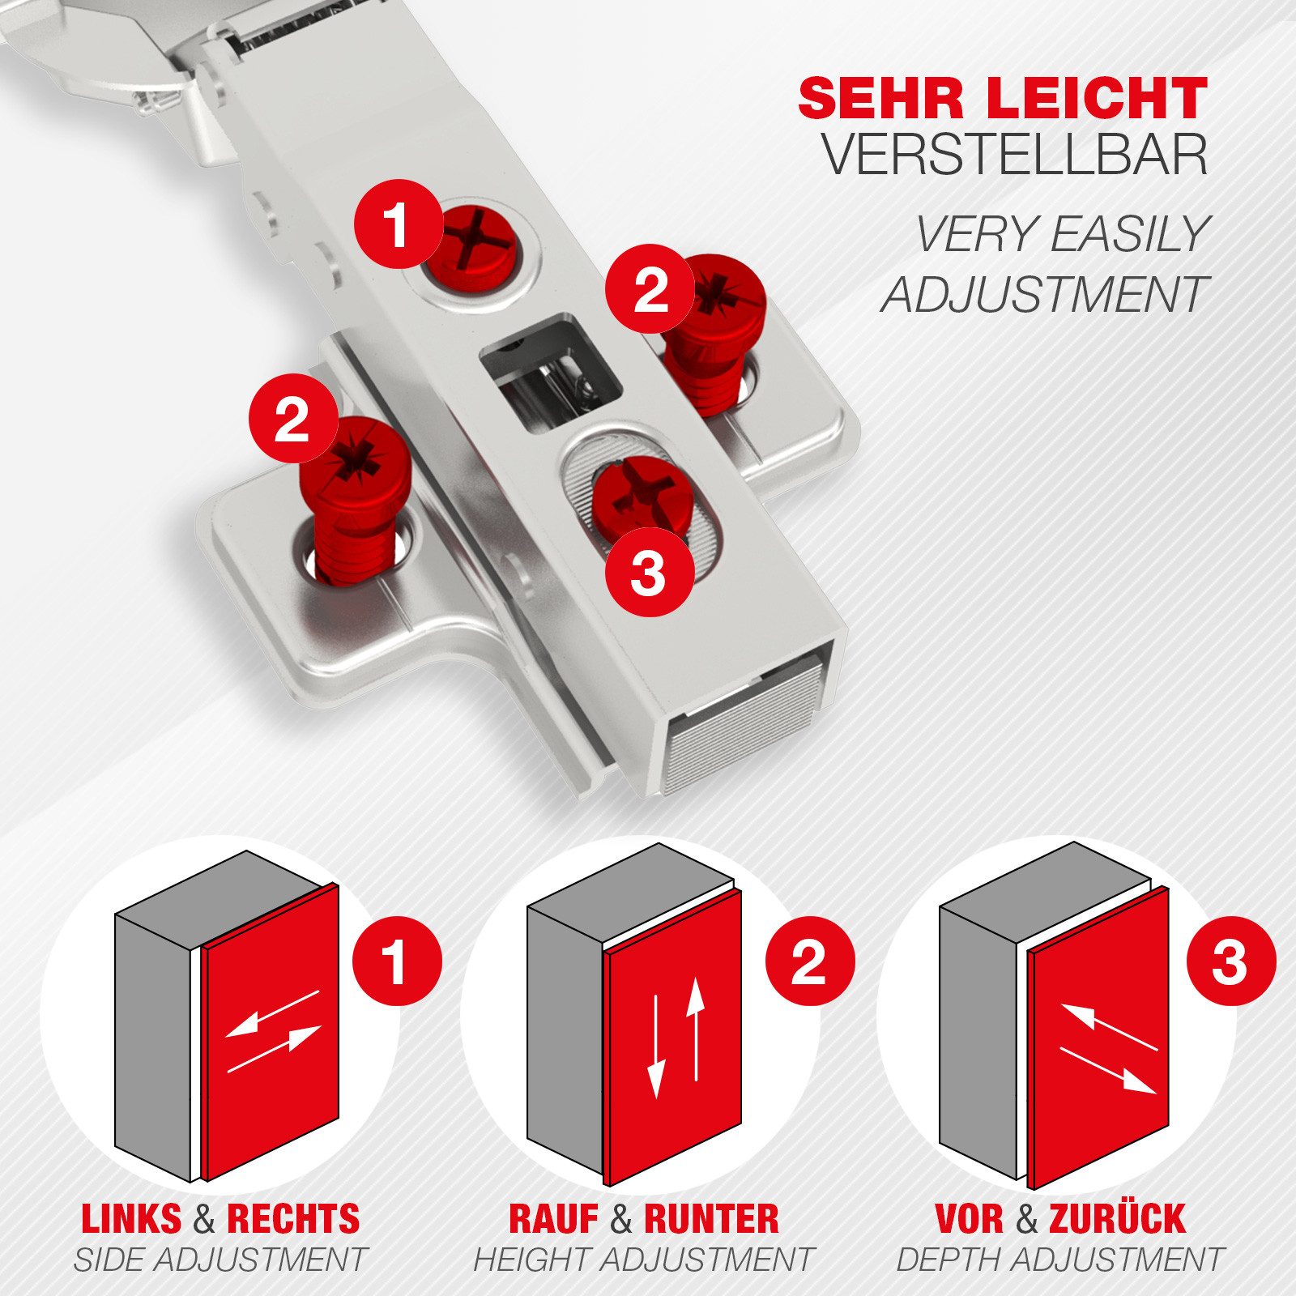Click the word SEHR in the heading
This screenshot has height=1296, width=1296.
click(x=881, y=99)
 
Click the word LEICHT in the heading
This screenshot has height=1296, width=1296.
click(x=1098, y=99)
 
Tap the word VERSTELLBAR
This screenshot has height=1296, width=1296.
click(x=1016, y=154)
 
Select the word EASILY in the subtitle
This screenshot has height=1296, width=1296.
click(x=1130, y=235)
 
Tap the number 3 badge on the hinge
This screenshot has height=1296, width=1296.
click(x=649, y=572)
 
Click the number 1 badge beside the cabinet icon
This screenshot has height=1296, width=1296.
click(x=397, y=961)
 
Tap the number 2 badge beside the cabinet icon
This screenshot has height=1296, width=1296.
click(x=810, y=961)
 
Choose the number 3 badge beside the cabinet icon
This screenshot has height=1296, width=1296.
click(x=1230, y=961)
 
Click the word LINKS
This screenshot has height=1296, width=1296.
click(x=131, y=1219)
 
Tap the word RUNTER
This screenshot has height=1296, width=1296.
click(x=711, y=1219)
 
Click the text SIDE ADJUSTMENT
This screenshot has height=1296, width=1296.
click(x=220, y=1260)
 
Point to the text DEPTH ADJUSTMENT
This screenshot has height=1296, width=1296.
click(x=1059, y=1260)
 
